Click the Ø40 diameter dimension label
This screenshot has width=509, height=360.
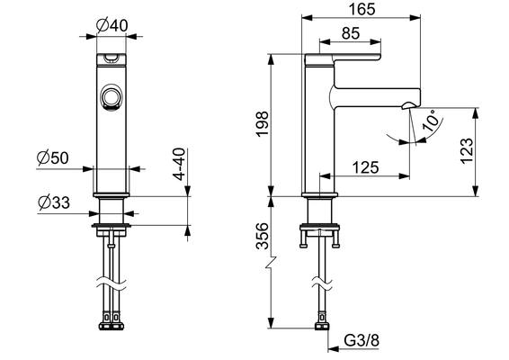(112, 25)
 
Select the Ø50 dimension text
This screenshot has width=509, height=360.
(52, 157)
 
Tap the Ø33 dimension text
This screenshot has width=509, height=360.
(54, 202)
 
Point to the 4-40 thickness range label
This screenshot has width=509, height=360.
(179, 164)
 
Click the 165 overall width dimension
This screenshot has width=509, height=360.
(362, 9)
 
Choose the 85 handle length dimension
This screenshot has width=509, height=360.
(351, 33)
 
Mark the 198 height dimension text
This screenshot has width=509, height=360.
(262, 124)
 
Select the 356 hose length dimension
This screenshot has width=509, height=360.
(262, 236)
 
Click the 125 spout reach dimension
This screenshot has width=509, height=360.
(365, 167)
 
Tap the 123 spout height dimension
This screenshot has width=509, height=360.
(467, 151)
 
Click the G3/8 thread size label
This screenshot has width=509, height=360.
(362, 340)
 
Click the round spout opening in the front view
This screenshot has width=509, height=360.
(111, 97)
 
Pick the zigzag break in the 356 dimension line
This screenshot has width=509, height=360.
(271, 263)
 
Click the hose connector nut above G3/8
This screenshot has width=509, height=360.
(322, 326)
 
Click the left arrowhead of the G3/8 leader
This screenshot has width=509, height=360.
(334, 349)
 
